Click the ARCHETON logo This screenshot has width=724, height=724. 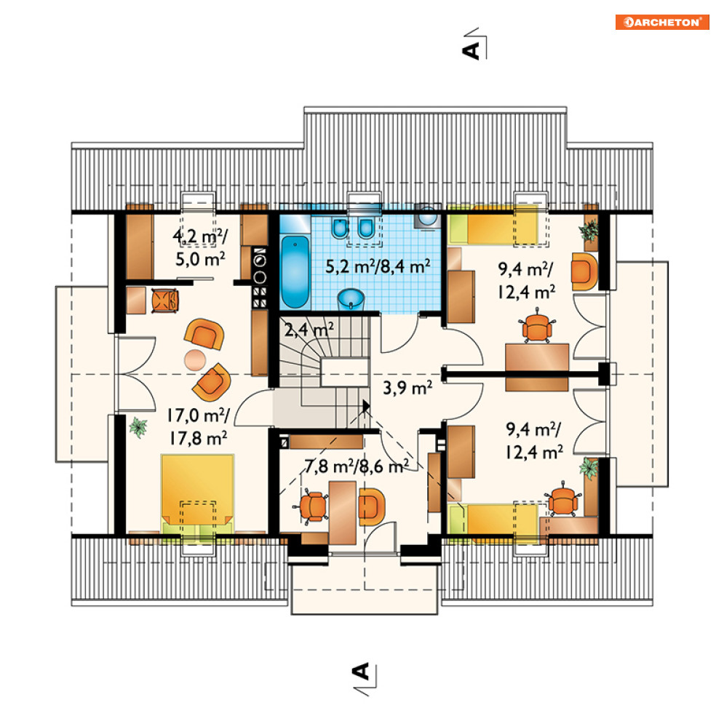pyautogui.click(x=662, y=22)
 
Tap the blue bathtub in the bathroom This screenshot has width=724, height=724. pyautogui.click(x=295, y=271)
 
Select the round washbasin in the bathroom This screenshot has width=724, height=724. pyautogui.click(x=351, y=300)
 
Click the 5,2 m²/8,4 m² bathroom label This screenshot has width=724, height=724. pyautogui.click(x=378, y=266)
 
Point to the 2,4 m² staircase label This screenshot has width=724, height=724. pyautogui.click(x=309, y=330)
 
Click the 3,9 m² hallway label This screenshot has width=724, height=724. pyautogui.click(x=407, y=387)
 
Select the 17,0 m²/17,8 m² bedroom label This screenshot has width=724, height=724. pyautogui.click(x=198, y=426)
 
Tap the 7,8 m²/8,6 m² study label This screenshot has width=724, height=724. pyautogui.click(x=357, y=466)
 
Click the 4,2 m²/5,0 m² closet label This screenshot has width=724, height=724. pyautogui.click(x=200, y=247)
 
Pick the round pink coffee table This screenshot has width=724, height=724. pyautogui.click(x=195, y=359)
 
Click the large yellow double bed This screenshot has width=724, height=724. pyautogui.click(x=197, y=494)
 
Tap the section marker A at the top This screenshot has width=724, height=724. pyautogui.click(x=472, y=50)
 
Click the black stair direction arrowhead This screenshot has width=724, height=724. pyautogui.click(x=366, y=406)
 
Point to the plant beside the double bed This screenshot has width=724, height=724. pyautogui.click(x=138, y=427)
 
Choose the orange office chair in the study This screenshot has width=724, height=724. pyautogui.click(x=313, y=506)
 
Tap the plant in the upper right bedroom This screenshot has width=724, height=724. pyautogui.click(x=589, y=231)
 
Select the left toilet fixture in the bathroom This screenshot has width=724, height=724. pyautogui.click(x=340, y=228)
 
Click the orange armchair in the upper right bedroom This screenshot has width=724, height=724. pyautogui.click(x=584, y=271)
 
